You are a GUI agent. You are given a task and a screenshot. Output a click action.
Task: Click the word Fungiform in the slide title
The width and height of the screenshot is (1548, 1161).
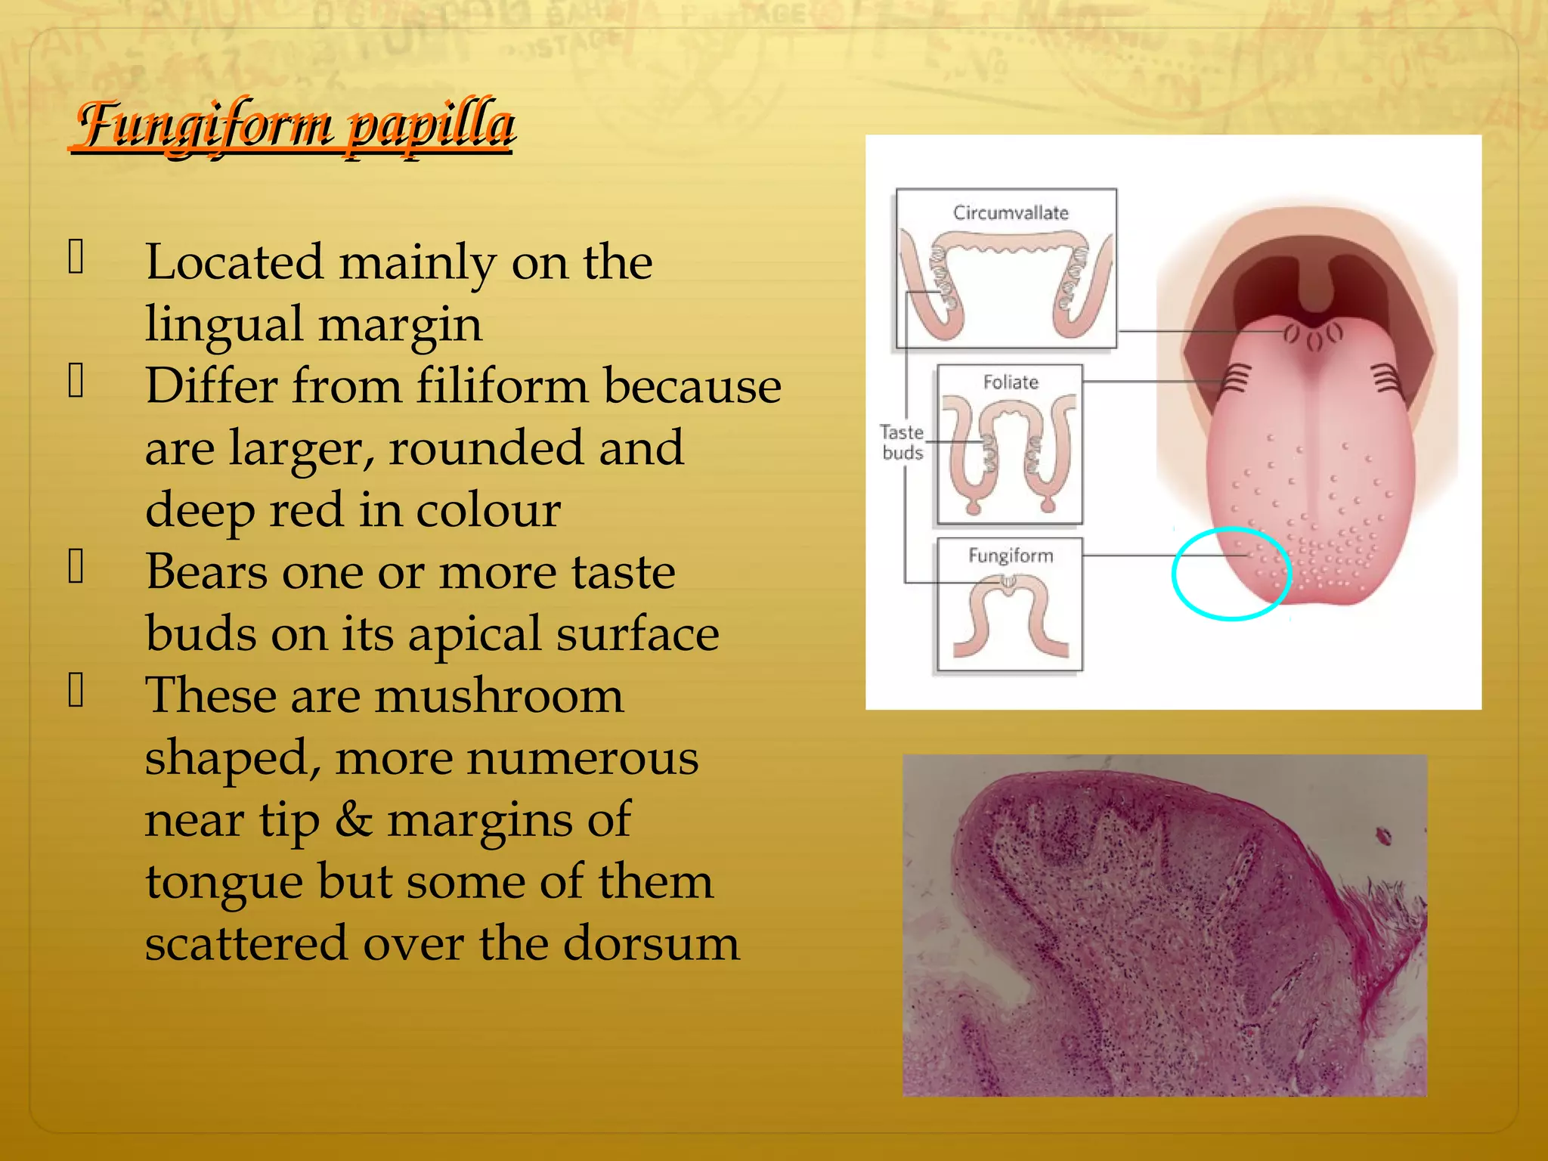tap(204, 125)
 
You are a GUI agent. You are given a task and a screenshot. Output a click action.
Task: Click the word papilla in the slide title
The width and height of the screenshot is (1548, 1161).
tap(430, 125)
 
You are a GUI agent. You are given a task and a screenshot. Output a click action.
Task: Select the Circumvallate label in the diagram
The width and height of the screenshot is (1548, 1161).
tap(1011, 213)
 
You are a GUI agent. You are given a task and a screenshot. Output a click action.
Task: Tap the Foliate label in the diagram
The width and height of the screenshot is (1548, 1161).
tap(1011, 382)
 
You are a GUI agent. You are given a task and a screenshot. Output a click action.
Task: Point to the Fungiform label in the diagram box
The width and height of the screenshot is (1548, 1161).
tap(1011, 556)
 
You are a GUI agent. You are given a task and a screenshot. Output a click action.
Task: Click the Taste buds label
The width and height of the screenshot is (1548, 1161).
tap(902, 443)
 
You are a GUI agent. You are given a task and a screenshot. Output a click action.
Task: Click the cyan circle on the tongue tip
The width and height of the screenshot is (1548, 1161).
tap(1174, 574)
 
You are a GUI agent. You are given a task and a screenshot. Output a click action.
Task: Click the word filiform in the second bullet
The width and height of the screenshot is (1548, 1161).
tap(502, 386)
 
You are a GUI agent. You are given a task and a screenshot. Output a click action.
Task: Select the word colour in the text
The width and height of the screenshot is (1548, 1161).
tap(488, 510)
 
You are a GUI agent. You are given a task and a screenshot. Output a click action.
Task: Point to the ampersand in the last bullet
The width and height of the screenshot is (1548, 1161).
tap(353, 820)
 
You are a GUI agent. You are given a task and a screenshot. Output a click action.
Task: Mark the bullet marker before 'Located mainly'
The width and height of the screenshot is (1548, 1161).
tap(76, 256)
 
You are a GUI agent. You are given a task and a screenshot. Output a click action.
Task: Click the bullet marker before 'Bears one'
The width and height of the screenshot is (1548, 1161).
tap(76, 566)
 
